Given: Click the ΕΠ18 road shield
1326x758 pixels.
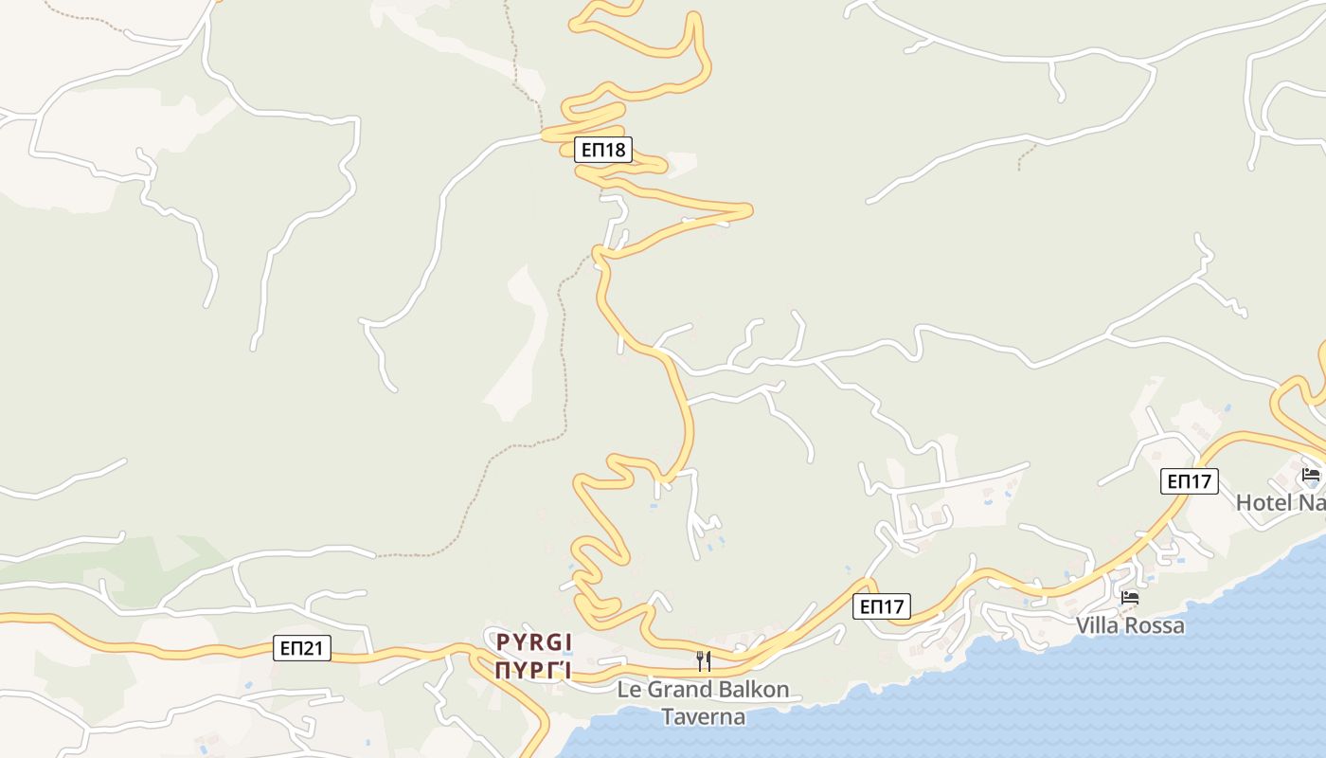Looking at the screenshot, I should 602,149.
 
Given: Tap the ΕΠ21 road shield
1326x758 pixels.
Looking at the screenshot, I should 303,648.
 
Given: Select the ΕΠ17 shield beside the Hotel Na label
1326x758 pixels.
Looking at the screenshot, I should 1189,480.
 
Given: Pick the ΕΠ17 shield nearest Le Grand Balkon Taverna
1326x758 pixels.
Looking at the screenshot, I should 882,606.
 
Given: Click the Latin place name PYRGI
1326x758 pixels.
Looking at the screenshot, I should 534,642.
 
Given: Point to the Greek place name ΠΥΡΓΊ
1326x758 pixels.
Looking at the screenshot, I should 534,672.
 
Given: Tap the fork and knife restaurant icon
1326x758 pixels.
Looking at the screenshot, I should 704,660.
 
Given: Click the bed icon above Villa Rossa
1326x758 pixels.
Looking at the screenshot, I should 1130,598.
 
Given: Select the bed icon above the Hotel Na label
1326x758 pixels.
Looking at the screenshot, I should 1311,475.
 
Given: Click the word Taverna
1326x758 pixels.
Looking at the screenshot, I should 703,716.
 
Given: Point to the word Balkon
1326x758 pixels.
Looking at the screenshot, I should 752,690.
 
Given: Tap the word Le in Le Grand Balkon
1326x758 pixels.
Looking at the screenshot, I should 629,690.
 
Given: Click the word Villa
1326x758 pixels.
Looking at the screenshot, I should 1099,626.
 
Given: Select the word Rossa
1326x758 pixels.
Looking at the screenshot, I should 1156,626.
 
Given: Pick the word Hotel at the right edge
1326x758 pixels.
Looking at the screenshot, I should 1263,502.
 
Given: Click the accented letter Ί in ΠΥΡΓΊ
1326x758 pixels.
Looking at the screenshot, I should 565,672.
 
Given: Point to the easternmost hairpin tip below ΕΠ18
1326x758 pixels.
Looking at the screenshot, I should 750,209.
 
